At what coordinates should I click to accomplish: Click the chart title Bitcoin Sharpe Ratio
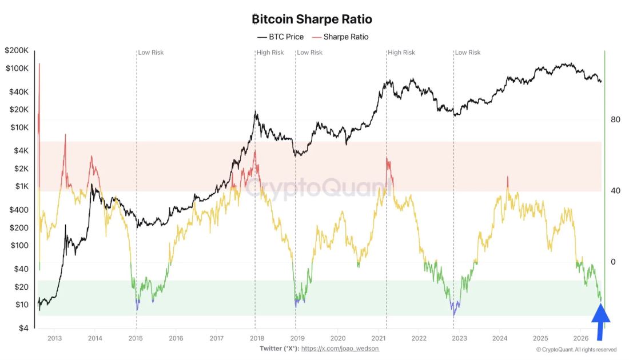[x=312, y=19]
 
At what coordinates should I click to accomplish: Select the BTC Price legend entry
[x=280, y=37]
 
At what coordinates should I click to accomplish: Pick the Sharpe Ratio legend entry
[x=340, y=37]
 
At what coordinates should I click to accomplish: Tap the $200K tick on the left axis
[x=17, y=50]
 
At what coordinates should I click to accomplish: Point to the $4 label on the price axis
[x=23, y=329]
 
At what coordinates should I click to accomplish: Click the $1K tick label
[x=22, y=186]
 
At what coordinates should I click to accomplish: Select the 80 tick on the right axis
[x=615, y=119]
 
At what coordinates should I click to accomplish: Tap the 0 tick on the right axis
[x=613, y=262]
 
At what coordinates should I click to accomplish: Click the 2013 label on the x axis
[x=54, y=338]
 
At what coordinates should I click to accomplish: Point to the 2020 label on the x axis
[x=338, y=338]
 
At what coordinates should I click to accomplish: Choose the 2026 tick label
[x=581, y=338]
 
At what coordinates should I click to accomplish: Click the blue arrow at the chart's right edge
[x=600, y=322]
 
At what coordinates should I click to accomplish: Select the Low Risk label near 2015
[x=151, y=53]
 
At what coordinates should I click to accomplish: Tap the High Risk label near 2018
[x=270, y=53]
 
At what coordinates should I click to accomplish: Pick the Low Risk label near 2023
[x=468, y=53]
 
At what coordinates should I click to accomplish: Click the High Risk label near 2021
[x=401, y=53]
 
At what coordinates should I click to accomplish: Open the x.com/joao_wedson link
[x=340, y=349]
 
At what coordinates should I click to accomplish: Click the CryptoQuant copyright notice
[x=576, y=350]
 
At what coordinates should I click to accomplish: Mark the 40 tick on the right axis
[x=615, y=191]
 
